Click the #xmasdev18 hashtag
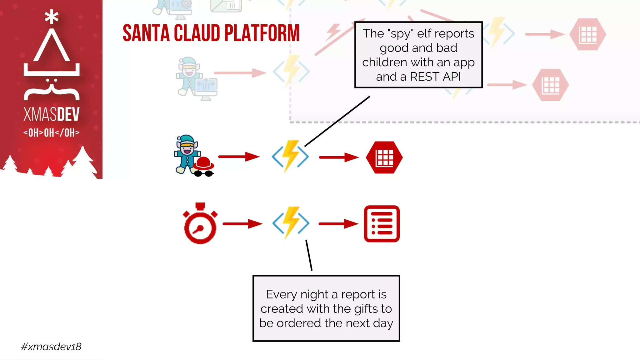pyautogui.click(x=51, y=347)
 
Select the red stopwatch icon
pyautogui.click(x=200, y=224)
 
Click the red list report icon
pyautogui.click(x=382, y=224)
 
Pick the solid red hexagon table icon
pyautogui.click(x=384, y=157)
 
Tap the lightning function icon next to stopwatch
pyautogui.click(x=291, y=223)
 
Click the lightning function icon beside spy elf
pyautogui.click(x=290, y=156)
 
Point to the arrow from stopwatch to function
pyautogui.click(x=242, y=224)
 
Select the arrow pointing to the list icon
pyautogui.click(x=338, y=224)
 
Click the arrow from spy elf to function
pyautogui.click(x=239, y=157)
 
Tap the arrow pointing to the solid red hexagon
pyautogui.click(x=339, y=157)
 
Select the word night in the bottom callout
pyautogui.click(x=314, y=294)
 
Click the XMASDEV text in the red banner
pyautogui.click(x=52, y=114)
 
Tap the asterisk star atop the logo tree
pyautogui.click(x=52, y=17)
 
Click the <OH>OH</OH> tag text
pyautogui.click(x=52, y=133)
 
